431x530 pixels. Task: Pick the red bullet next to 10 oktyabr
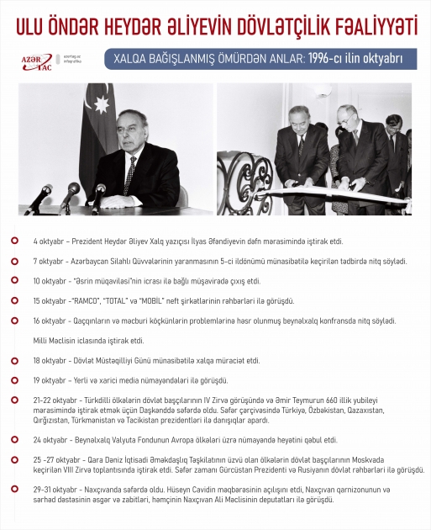pyautogui.click(x=14, y=281)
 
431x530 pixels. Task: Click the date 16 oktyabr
pyautogui.click(x=50, y=321)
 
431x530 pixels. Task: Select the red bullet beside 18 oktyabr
pyautogui.click(x=14, y=360)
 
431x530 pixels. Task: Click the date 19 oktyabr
pyautogui.click(x=50, y=379)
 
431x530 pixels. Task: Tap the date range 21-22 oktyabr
pyautogui.click(x=55, y=400)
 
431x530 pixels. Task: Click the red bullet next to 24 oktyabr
pyautogui.click(x=14, y=439)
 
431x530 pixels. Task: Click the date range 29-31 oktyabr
pyautogui.click(x=55, y=489)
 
